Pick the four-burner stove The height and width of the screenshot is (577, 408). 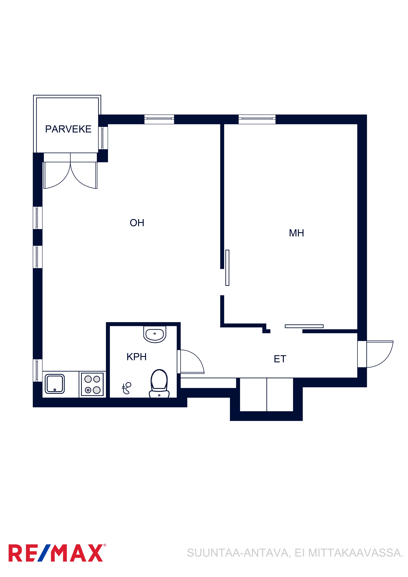[92, 385]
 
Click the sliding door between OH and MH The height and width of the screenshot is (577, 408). [227, 268]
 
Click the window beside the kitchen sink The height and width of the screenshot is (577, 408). [37, 370]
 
